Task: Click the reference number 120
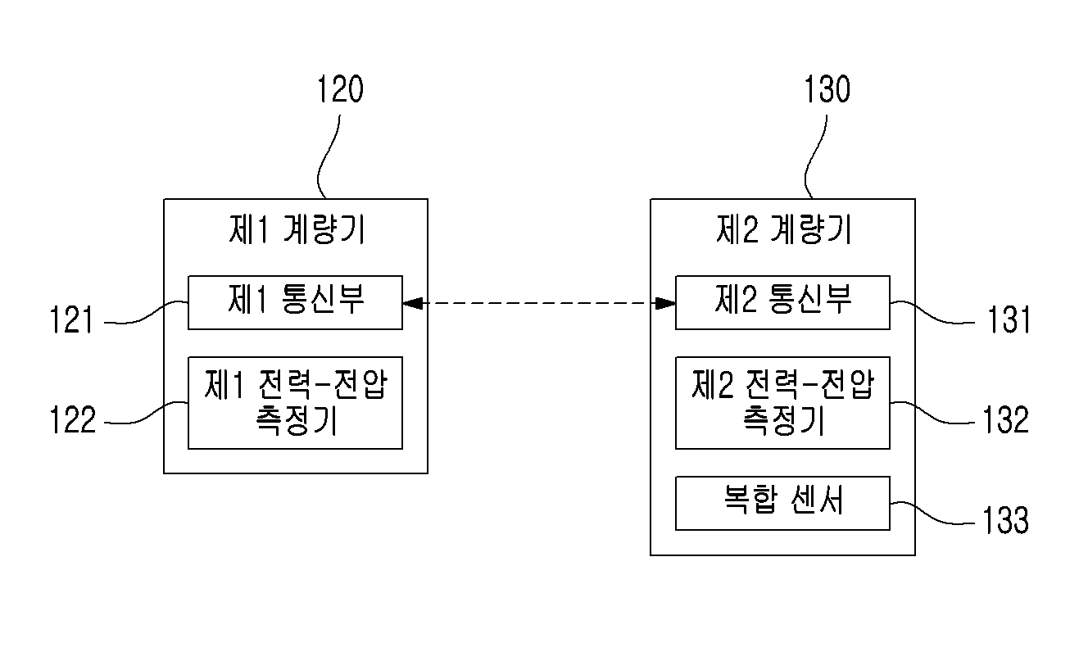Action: [x=340, y=89]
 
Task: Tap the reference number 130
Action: [x=827, y=89]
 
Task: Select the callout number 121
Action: [x=71, y=319]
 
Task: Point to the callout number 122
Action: [x=73, y=420]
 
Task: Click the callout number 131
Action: [x=1009, y=319]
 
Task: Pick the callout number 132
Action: [x=1006, y=420]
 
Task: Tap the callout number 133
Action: [x=1006, y=520]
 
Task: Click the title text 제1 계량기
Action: [x=297, y=229]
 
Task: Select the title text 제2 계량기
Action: [x=784, y=229]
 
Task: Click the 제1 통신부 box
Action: [x=295, y=302]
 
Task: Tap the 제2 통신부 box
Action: [x=782, y=302]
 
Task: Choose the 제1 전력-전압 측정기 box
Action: [x=295, y=403]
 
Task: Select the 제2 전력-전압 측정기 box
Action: [x=782, y=403]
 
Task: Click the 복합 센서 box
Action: [x=782, y=503]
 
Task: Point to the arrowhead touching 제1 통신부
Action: [x=412, y=303]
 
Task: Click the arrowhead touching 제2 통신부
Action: [x=666, y=303]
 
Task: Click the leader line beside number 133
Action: [x=932, y=512]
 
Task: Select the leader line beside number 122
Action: [x=147, y=413]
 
